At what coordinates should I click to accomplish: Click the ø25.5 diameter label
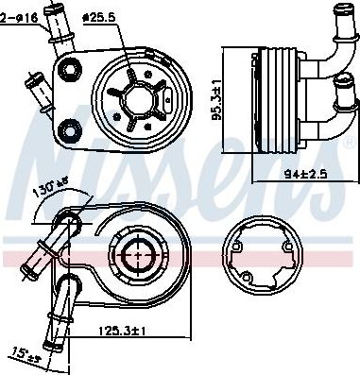[x=98, y=17]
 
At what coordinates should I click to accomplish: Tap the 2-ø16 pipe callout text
[x=19, y=18]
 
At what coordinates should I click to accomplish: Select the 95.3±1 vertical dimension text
[x=216, y=100]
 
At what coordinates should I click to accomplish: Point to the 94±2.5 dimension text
[x=305, y=174]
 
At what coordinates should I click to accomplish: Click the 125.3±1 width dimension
[x=122, y=331]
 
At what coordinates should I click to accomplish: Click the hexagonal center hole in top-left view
[x=139, y=100]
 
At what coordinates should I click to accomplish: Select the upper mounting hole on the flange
[x=70, y=69]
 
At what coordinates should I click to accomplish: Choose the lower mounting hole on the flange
[x=70, y=129]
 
